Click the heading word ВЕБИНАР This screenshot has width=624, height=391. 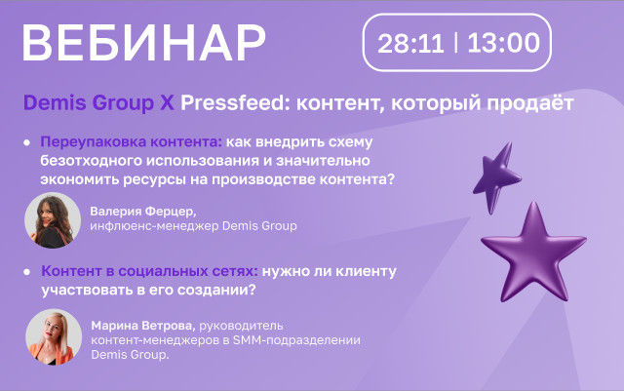coord(143,43)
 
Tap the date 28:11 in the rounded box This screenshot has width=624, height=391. coord(410,43)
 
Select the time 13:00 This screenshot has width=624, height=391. coord(503,43)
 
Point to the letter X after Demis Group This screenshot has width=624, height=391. coord(167,102)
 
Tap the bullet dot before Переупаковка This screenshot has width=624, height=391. coord(27,142)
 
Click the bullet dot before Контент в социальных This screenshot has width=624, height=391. coord(27,272)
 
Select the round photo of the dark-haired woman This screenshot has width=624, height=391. coord(53,220)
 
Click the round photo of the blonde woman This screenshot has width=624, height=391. coord(54,336)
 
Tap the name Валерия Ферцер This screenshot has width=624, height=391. coord(143,211)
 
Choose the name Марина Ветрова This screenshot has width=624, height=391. coord(143,326)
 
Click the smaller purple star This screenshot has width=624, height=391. coord(496,177)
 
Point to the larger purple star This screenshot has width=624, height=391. coord(533,253)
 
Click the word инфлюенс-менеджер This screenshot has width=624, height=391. coord(154,226)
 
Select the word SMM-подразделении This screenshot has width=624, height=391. coord(296,340)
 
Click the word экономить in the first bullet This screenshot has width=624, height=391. coord(80,179)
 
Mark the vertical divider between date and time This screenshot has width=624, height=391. coord(455,43)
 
